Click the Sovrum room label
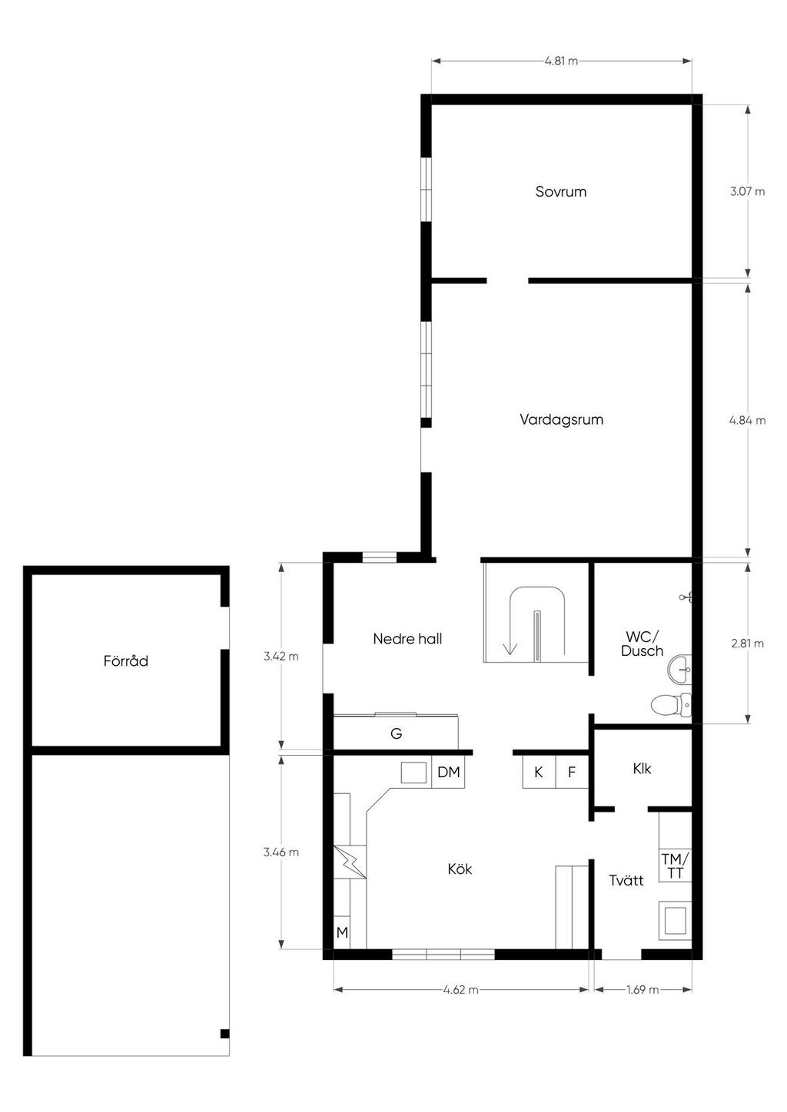pyautogui.click(x=561, y=192)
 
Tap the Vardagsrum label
pyautogui.click(x=562, y=420)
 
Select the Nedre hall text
pyautogui.click(x=407, y=639)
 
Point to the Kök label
pyautogui.click(x=460, y=869)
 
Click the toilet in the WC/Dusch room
pyautogui.click(x=671, y=705)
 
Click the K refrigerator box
pyautogui.click(x=539, y=772)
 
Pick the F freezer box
pyautogui.click(x=572, y=772)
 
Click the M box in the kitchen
pyautogui.click(x=342, y=933)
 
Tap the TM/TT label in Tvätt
pyautogui.click(x=676, y=865)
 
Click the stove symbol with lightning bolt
pyautogui.click(x=350, y=862)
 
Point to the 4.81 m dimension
pyautogui.click(x=562, y=61)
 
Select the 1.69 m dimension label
pyautogui.click(x=643, y=990)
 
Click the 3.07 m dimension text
pyautogui.click(x=747, y=192)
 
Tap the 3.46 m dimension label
pyautogui.click(x=281, y=852)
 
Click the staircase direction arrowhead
pyautogui.click(x=510, y=648)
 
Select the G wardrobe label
pyautogui.click(x=396, y=733)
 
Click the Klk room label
pyautogui.click(x=642, y=769)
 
